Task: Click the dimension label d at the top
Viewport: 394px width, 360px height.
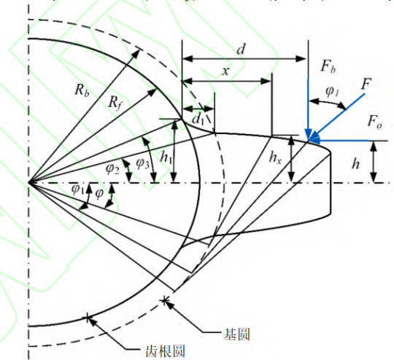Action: [x=241, y=49]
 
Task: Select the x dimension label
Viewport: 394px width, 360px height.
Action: [x=226, y=71]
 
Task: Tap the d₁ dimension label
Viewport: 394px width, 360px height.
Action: [x=198, y=120]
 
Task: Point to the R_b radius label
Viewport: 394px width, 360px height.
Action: [x=82, y=90]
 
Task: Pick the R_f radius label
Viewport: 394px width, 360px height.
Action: [x=115, y=103]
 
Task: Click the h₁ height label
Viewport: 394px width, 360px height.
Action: [x=166, y=157]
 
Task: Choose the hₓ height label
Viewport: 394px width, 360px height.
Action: [x=275, y=157]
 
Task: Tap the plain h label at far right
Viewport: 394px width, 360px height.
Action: [x=356, y=164]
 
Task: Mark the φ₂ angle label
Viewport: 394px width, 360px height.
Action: [x=112, y=169]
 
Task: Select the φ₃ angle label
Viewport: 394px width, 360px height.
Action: [x=143, y=163]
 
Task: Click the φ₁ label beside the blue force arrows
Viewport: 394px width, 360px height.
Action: [x=333, y=92]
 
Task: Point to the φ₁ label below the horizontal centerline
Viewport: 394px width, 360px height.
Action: [x=77, y=189]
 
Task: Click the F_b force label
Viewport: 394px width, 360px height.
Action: [x=328, y=66]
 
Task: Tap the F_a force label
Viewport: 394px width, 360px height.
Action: [x=374, y=122]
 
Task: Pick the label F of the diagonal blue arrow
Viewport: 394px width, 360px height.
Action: [x=366, y=84]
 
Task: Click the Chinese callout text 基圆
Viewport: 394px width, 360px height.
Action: [x=236, y=334]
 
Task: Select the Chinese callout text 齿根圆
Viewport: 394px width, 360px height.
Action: [x=166, y=351]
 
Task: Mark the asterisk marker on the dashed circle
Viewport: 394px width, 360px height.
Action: [x=165, y=300]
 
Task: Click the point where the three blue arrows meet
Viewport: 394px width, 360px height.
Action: [x=309, y=141]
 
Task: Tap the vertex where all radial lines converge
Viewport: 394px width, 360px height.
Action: [x=28, y=182]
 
